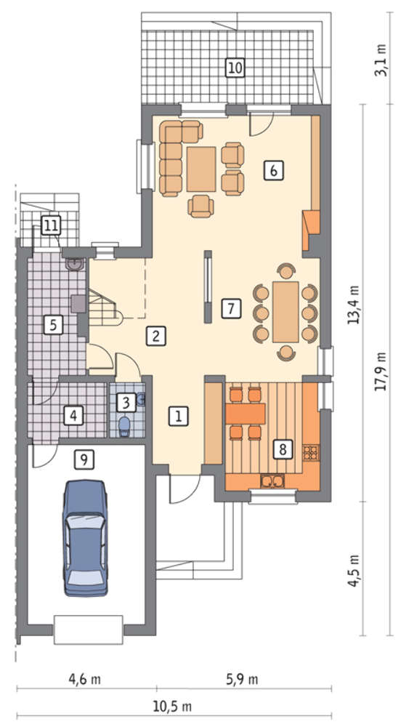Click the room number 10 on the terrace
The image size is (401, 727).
pos(235,68)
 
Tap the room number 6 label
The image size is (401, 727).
pos(273,171)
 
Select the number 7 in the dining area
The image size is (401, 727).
pos(231,309)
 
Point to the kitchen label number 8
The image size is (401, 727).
pos(283,449)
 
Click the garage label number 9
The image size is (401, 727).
pos(84,459)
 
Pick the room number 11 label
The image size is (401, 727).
pos(51,226)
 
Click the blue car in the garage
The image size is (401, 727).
pos(86,538)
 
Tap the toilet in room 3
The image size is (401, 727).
pos(124,425)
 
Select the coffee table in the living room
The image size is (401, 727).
pos(201,169)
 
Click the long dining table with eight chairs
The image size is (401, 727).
pos(286,312)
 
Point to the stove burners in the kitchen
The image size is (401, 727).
pos(311,451)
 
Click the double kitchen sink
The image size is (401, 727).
pos(273,482)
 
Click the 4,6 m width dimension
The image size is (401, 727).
pos(85,680)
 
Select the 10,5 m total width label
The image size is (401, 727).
pos(171,707)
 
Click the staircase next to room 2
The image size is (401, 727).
pos(104,308)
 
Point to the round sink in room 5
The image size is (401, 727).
pos(75,264)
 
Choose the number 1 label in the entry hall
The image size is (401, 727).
pos(179,416)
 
